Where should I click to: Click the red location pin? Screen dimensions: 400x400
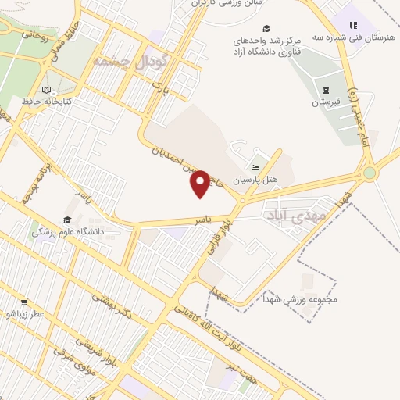(x=201, y=183)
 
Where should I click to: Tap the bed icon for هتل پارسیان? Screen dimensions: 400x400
(x=255, y=167)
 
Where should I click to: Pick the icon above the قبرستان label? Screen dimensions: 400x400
(x=326, y=89)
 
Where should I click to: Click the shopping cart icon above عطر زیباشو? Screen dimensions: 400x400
(x=24, y=302)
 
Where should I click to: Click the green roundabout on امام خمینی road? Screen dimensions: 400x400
(x=369, y=173)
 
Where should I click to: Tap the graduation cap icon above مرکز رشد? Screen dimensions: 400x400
(x=267, y=28)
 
